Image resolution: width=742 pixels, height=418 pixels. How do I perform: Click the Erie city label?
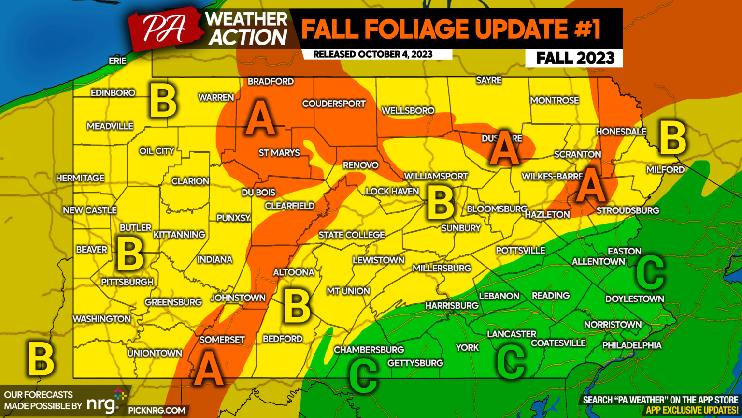117,60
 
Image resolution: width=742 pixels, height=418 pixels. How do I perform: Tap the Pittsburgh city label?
127,282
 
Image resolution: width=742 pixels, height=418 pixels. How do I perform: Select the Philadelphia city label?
632,345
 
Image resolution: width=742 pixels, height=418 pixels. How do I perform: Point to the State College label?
352,235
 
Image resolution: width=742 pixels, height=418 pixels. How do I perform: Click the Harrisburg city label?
452,306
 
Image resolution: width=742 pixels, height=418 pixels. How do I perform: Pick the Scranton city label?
577,154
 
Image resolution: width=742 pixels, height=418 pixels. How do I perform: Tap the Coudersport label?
334,104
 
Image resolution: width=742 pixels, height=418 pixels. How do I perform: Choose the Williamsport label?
436,177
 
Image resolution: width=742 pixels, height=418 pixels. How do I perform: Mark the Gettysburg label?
415,363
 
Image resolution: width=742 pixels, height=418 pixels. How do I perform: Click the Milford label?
665,170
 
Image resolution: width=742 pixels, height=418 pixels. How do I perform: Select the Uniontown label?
155,353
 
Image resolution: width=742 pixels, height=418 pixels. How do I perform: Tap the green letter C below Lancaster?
511,362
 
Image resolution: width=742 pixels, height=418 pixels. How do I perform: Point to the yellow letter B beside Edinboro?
163,101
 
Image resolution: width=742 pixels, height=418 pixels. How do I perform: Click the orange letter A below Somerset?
209,369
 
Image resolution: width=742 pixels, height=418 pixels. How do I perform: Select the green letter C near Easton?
650,272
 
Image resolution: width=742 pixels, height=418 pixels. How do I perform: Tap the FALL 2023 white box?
574,58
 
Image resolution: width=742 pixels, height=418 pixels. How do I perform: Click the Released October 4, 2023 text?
372,54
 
